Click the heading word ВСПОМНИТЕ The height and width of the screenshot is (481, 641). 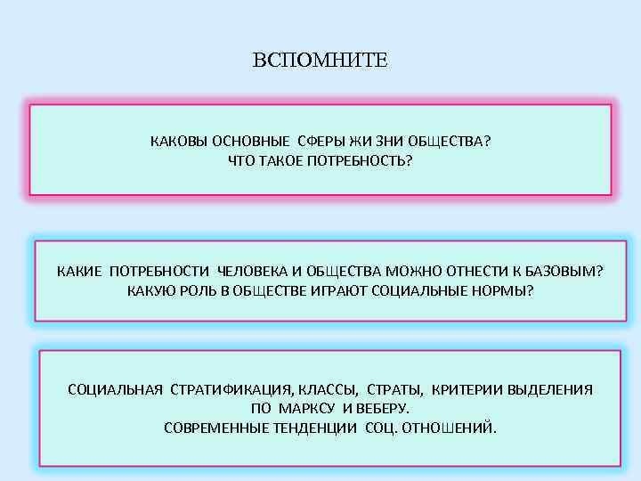(x=320, y=61)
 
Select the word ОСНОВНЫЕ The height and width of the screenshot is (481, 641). (x=249, y=142)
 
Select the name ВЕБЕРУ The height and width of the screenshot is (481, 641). (x=382, y=409)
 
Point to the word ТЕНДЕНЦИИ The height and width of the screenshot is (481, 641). (x=315, y=428)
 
